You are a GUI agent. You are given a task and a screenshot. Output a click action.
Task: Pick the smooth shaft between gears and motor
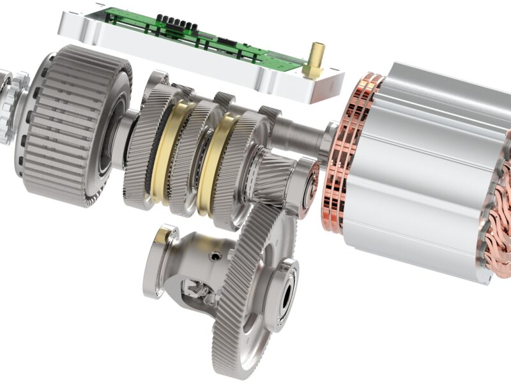coord(300,134)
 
